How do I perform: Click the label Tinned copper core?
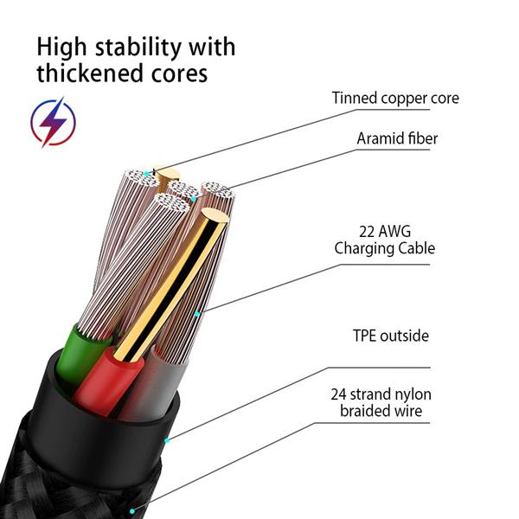395,98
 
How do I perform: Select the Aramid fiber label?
397,138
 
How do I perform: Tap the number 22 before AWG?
368,231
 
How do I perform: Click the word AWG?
403,231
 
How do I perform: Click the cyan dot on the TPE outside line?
167,439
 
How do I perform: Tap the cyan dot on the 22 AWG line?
198,313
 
